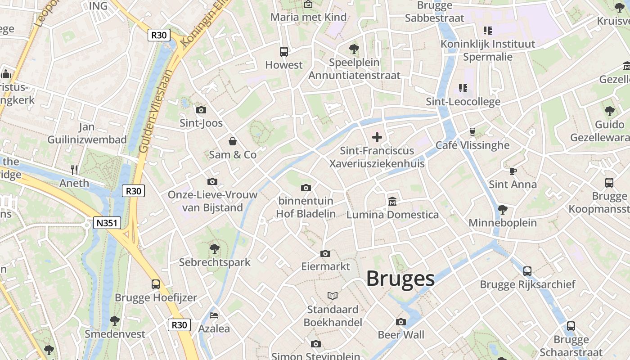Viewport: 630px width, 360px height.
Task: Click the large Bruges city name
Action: tap(400, 279)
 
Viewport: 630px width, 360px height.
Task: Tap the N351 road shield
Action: tap(107, 222)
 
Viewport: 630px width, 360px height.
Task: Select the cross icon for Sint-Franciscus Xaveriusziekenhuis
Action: tap(377, 137)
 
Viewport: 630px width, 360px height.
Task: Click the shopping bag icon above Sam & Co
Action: tap(233, 142)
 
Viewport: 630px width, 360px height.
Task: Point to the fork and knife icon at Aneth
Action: tap(75, 170)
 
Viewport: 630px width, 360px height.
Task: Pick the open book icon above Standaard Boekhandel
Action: tap(333, 296)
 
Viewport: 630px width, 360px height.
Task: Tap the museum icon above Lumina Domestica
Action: tap(392, 201)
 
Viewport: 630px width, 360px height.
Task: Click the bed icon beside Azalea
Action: tap(214, 315)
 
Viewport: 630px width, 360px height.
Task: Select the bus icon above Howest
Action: tap(283, 51)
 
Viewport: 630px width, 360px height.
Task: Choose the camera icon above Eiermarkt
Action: tap(325, 254)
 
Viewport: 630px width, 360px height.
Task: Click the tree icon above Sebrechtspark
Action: tap(215, 248)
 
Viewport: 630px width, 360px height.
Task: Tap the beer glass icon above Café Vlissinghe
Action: tap(472, 131)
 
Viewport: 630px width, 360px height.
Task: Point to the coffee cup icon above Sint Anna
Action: tap(513, 171)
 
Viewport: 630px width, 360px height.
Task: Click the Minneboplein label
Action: tap(503, 223)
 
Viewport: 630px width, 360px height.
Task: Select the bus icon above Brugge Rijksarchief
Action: tap(527, 271)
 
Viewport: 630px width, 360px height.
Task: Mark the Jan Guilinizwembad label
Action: tap(87, 133)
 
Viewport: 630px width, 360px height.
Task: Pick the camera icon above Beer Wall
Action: tap(401, 322)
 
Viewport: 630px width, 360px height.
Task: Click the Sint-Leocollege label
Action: tap(463, 102)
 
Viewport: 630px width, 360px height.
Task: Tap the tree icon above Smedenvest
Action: tap(115, 320)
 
